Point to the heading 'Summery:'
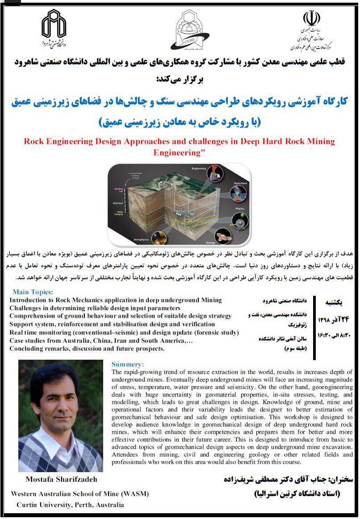(x=128, y=364)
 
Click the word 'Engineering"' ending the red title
(x=179, y=152)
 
